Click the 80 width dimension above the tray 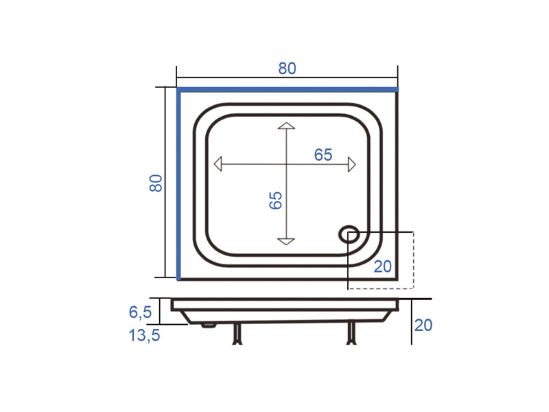[287, 68]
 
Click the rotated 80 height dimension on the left [156, 183]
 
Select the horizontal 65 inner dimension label [323, 154]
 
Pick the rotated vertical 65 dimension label [276, 201]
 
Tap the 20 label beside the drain [382, 266]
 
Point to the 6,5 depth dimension [141, 312]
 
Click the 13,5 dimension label [144, 335]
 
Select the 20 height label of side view [423, 325]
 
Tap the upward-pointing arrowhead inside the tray [286, 126]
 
